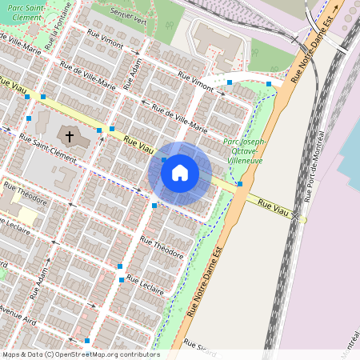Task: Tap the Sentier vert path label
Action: pos(130,13)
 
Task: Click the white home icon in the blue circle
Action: pos(179,172)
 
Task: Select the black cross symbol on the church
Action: pos(70,137)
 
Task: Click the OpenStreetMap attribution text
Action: pos(80,354)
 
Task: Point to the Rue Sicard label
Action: pos(195,345)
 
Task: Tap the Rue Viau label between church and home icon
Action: pos(136,145)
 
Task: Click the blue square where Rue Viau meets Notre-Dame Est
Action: pos(240,184)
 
